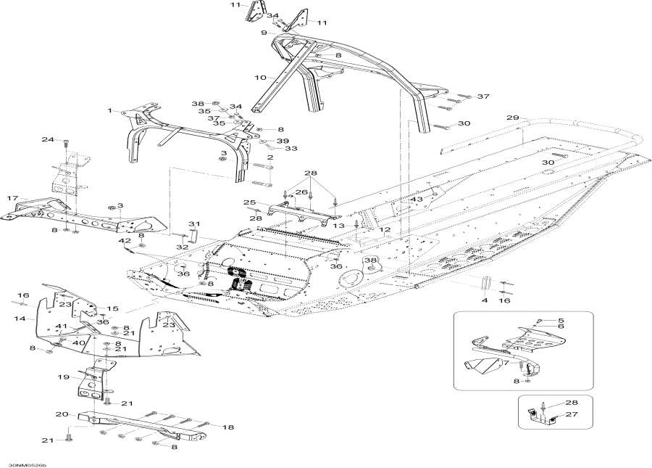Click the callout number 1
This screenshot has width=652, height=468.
pyautogui.click(x=110, y=111)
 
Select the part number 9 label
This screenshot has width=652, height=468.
pyautogui.click(x=264, y=33)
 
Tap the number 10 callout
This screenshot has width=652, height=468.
pyautogui.click(x=259, y=77)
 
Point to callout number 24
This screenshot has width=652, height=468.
pyautogui.click(x=47, y=139)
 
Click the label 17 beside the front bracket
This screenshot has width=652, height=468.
pyautogui.click(x=12, y=198)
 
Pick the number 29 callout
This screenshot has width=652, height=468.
pyautogui.click(x=512, y=118)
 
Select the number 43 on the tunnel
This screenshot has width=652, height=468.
pyautogui.click(x=417, y=200)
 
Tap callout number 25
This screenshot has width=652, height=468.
pyautogui.click(x=248, y=202)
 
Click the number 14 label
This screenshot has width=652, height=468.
pyautogui.click(x=20, y=318)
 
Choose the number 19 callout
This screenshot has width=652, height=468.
pyautogui.click(x=63, y=377)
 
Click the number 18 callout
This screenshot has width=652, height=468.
pyautogui.click(x=229, y=428)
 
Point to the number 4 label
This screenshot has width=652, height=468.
pyautogui.click(x=484, y=300)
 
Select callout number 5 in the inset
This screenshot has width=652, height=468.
pyautogui.click(x=560, y=320)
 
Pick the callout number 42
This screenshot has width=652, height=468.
pyautogui.click(x=124, y=241)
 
